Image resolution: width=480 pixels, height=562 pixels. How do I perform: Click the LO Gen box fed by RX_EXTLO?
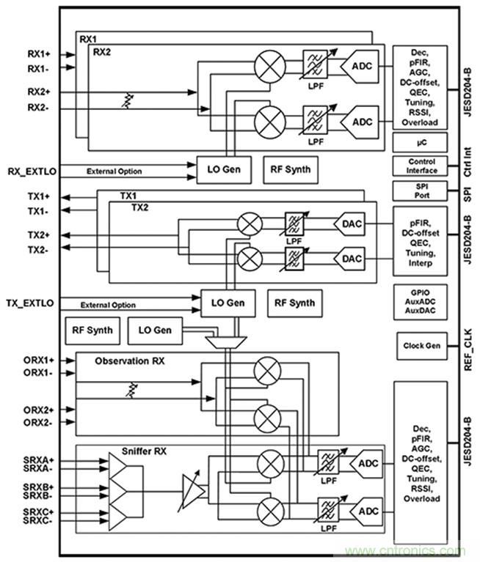click(x=222, y=170)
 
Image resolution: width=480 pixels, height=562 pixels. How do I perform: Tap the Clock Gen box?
click(x=421, y=344)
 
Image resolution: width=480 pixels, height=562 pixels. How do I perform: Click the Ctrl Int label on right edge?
click(x=468, y=163)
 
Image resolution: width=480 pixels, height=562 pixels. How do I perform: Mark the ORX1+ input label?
click(x=39, y=361)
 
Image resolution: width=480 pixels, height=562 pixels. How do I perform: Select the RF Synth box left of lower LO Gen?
click(x=92, y=330)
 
